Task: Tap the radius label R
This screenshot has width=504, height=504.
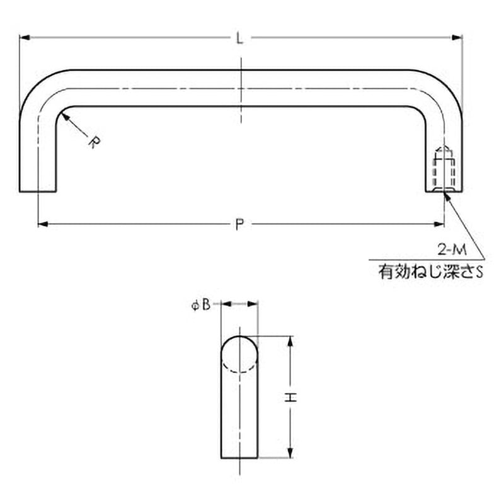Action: coord(93,142)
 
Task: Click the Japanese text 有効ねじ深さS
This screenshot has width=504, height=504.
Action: coord(430,273)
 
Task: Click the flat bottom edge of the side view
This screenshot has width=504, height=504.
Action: coord(239,458)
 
